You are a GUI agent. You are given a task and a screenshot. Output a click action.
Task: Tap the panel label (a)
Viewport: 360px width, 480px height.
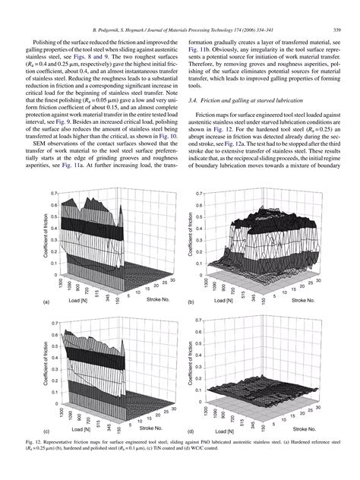point(27,302)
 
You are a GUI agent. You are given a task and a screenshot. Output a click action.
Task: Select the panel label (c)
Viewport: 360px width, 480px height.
point(27,430)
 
